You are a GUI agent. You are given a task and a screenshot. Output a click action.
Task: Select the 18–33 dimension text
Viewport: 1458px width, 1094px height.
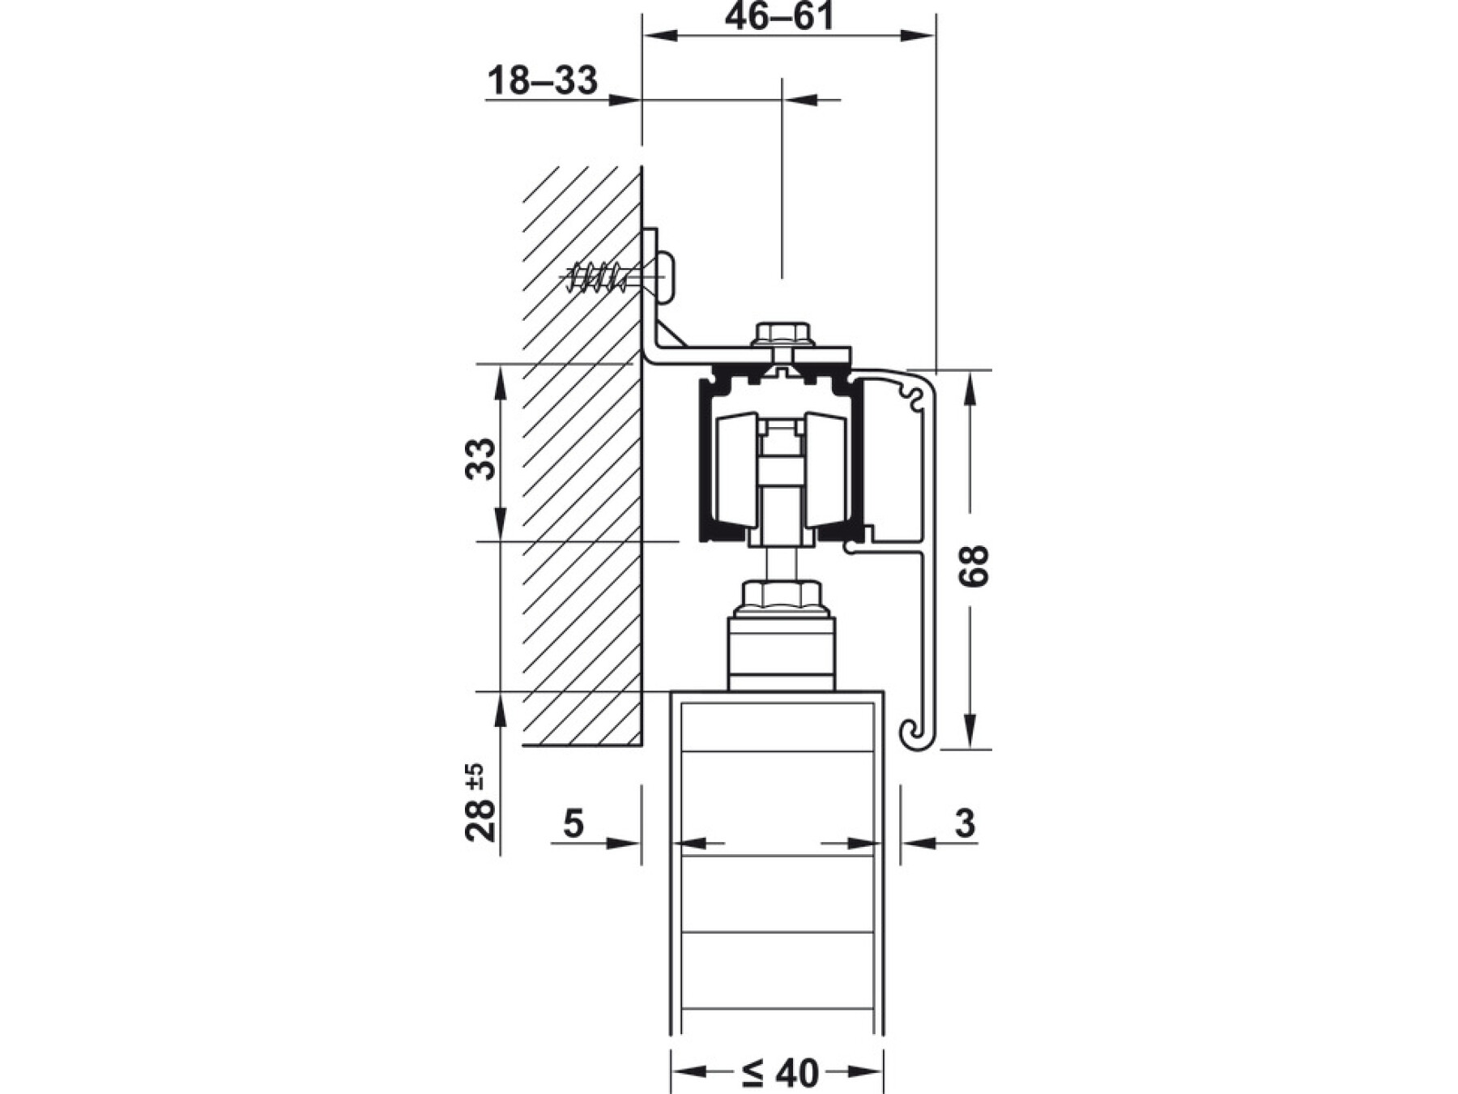coord(543,80)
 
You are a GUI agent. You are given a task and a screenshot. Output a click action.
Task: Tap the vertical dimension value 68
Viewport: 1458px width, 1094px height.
coord(974,566)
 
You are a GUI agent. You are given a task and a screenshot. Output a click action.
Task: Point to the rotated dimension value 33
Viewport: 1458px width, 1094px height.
coord(481,459)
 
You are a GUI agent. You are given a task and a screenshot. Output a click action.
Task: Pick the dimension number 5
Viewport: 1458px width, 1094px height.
coord(573,823)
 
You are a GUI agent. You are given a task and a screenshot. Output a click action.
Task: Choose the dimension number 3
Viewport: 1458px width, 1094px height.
coord(965,823)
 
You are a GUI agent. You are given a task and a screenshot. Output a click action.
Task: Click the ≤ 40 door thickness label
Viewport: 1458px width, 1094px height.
coord(780,1074)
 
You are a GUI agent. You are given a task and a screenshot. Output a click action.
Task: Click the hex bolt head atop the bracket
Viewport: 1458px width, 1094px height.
coord(782,334)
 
